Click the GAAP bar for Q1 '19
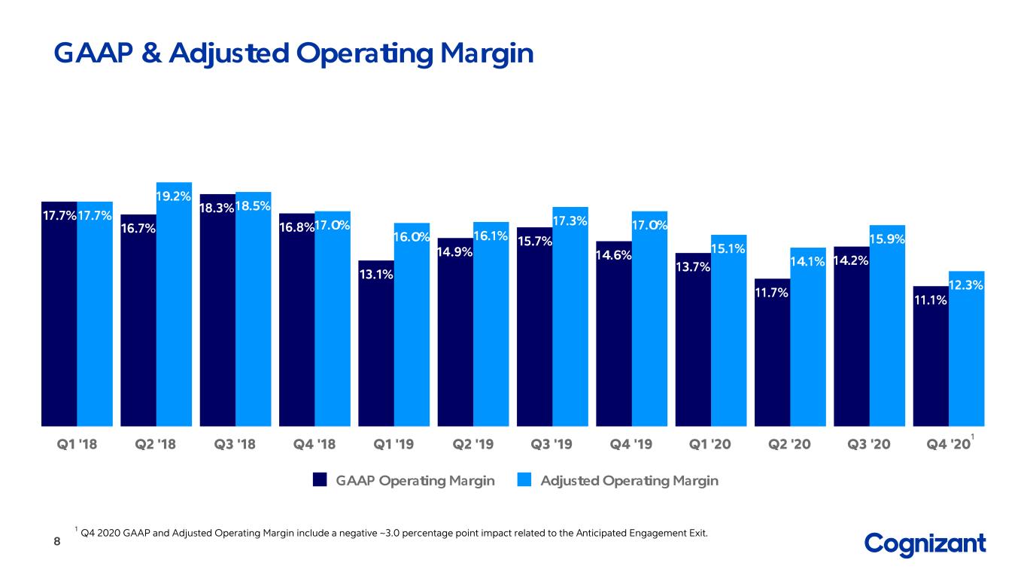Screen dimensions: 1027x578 click(x=376, y=343)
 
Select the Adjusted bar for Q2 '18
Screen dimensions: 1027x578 click(x=174, y=304)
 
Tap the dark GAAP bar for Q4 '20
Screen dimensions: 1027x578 click(x=931, y=356)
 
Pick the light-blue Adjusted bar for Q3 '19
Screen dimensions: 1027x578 click(x=570, y=317)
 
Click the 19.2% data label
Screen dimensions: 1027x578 click(x=173, y=196)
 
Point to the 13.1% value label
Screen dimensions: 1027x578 click(x=376, y=274)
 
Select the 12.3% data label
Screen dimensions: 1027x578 click(x=966, y=285)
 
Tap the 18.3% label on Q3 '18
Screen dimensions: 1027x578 click(x=217, y=208)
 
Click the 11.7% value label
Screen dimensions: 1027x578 click(x=772, y=292)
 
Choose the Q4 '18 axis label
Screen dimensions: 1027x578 click(x=314, y=444)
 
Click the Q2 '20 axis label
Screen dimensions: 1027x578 click(x=789, y=444)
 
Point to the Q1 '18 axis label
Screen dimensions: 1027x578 click(x=77, y=444)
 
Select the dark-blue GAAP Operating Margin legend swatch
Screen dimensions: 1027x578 click(x=320, y=480)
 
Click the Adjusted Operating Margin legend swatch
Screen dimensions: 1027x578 click(x=524, y=480)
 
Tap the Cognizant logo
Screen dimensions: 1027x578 click(x=925, y=544)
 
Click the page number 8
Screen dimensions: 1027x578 click(x=57, y=541)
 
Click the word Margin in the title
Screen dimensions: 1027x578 click(x=487, y=55)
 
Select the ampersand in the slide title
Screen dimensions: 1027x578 click(x=151, y=53)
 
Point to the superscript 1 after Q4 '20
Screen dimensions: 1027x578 click(x=972, y=437)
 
